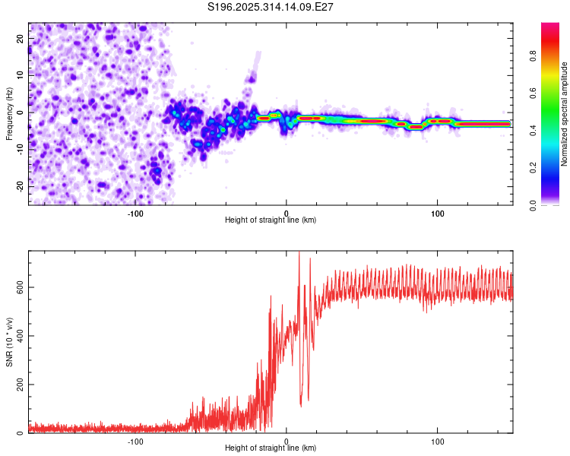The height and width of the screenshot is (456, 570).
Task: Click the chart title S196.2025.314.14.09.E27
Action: pos(271,7)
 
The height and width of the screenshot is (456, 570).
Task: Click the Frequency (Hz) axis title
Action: pos(9,113)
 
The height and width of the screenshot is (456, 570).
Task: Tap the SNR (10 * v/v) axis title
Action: pos(9,341)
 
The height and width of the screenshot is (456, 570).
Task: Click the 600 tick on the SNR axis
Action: pos(18,287)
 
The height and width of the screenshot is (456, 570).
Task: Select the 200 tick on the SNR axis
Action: pos(18,385)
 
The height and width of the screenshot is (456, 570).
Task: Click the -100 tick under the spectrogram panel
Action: pos(135,213)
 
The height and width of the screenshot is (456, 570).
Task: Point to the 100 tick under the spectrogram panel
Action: pos(437,213)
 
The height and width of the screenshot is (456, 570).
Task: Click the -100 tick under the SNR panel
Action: pos(135,441)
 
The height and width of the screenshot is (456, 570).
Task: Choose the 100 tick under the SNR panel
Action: pos(437,441)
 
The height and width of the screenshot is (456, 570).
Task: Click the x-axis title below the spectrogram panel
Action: pos(271,220)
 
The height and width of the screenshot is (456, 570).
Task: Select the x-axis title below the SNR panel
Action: pos(271,448)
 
